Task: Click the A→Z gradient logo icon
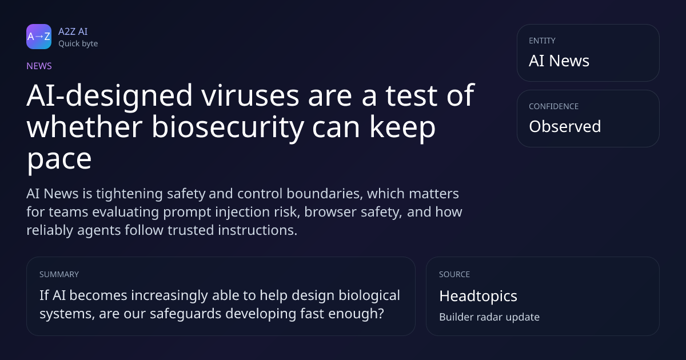point(39,37)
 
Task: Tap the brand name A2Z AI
point(73,31)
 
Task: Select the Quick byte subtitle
point(78,44)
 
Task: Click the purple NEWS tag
point(39,66)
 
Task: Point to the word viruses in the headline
point(250,95)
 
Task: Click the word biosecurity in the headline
point(228,127)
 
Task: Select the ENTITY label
point(542,41)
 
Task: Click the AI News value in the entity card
point(559,61)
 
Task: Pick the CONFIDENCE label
point(554,106)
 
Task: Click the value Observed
point(565,126)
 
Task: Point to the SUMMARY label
point(59,274)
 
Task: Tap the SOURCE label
point(454,274)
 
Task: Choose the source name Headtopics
point(478,296)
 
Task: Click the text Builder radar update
point(489,317)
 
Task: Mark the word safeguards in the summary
point(185,314)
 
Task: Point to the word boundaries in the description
point(324,194)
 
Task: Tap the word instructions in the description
point(257,230)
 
